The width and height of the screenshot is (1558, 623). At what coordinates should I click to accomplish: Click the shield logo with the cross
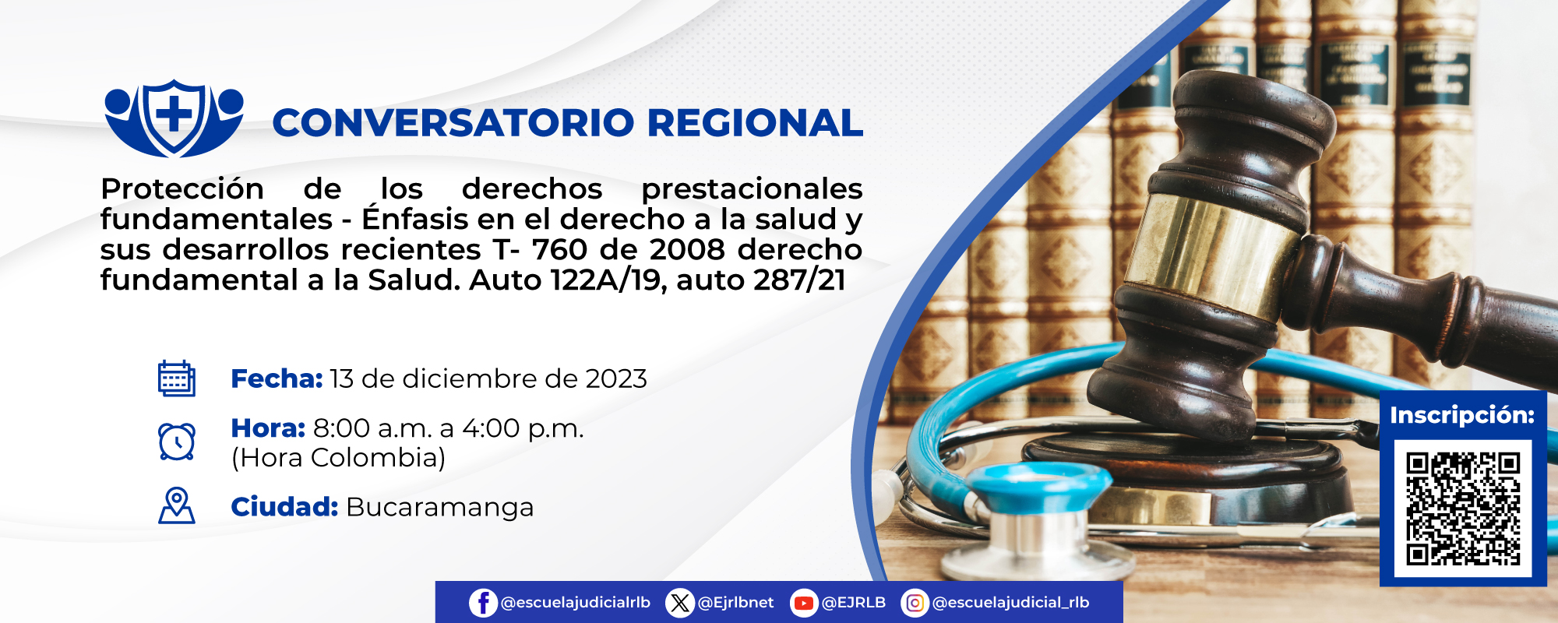(174, 118)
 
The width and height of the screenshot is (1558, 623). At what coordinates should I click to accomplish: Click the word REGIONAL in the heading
(754, 123)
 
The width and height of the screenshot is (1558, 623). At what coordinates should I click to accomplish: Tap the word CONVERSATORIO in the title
(453, 123)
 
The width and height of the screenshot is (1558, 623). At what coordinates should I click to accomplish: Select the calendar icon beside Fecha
(177, 378)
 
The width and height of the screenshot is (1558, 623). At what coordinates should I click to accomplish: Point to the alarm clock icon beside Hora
(177, 442)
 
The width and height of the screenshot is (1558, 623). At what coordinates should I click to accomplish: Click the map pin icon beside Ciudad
(177, 506)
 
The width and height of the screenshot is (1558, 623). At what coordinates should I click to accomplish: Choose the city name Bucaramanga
(439, 507)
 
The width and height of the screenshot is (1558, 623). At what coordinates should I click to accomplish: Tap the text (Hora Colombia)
(338, 458)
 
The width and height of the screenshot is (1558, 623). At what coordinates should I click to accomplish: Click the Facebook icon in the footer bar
(483, 603)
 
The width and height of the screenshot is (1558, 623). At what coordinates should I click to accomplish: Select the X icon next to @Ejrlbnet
(680, 603)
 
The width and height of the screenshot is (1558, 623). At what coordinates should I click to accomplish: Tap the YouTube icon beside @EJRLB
(803, 603)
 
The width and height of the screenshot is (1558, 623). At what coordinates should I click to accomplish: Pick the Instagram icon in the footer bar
(915, 603)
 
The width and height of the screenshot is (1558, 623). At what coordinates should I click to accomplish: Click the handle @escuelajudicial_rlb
(1010, 603)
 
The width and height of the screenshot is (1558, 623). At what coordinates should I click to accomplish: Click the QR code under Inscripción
(1463, 508)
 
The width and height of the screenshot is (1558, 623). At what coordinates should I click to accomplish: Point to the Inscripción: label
(1462, 415)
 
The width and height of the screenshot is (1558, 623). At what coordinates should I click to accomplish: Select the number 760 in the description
(559, 249)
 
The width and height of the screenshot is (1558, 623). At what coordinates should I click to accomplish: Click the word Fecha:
(277, 378)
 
